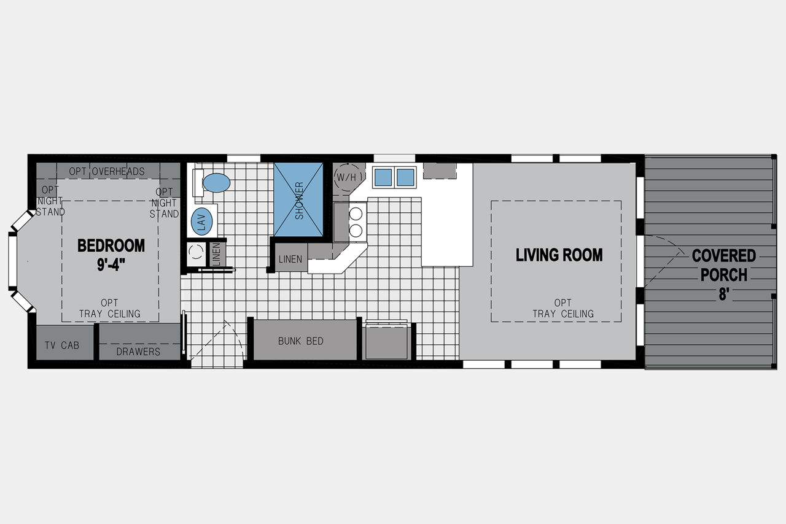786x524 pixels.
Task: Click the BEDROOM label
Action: pyautogui.click(x=111, y=245)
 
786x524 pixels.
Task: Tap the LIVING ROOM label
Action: pyautogui.click(x=559, y=255)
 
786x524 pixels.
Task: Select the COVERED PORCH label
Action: pyautogui.click(x=723, y=265)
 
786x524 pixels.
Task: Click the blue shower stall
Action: pyautogui.click(x=298, y=199)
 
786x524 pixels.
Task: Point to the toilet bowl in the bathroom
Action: pyautogui.click(x=217, y=183)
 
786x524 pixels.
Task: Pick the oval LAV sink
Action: pyautogui.click(x=202, y=222)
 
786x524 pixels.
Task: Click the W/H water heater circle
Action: pyautogui.click(x=347, y=177)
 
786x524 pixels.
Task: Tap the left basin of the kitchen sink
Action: pyautogui.click(x=383, y=177)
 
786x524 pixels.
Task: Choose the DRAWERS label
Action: pyautogui.click(x=138, y=352)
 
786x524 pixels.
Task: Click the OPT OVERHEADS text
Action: pyautogui.click(x=107, y=171)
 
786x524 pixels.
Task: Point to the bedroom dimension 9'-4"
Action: pyautogui.click(x=111, y=264)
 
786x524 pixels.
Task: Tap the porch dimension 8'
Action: pyautogui.click(x=724, y=294)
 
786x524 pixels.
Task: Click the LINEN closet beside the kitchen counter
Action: pyautogui.click(x=291, y=258)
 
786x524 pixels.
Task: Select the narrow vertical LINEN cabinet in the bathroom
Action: pyautogui.click(x=217, y=254)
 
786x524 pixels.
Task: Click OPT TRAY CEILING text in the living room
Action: pyautogui.click(x=563, y=308)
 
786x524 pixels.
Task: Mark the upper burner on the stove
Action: pyautogui.click(x=356, y=214)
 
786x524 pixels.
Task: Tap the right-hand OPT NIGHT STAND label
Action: pyautogui.click(x=164, y=202)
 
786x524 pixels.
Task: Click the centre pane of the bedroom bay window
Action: pyautogui.click(x=13, y=261)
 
